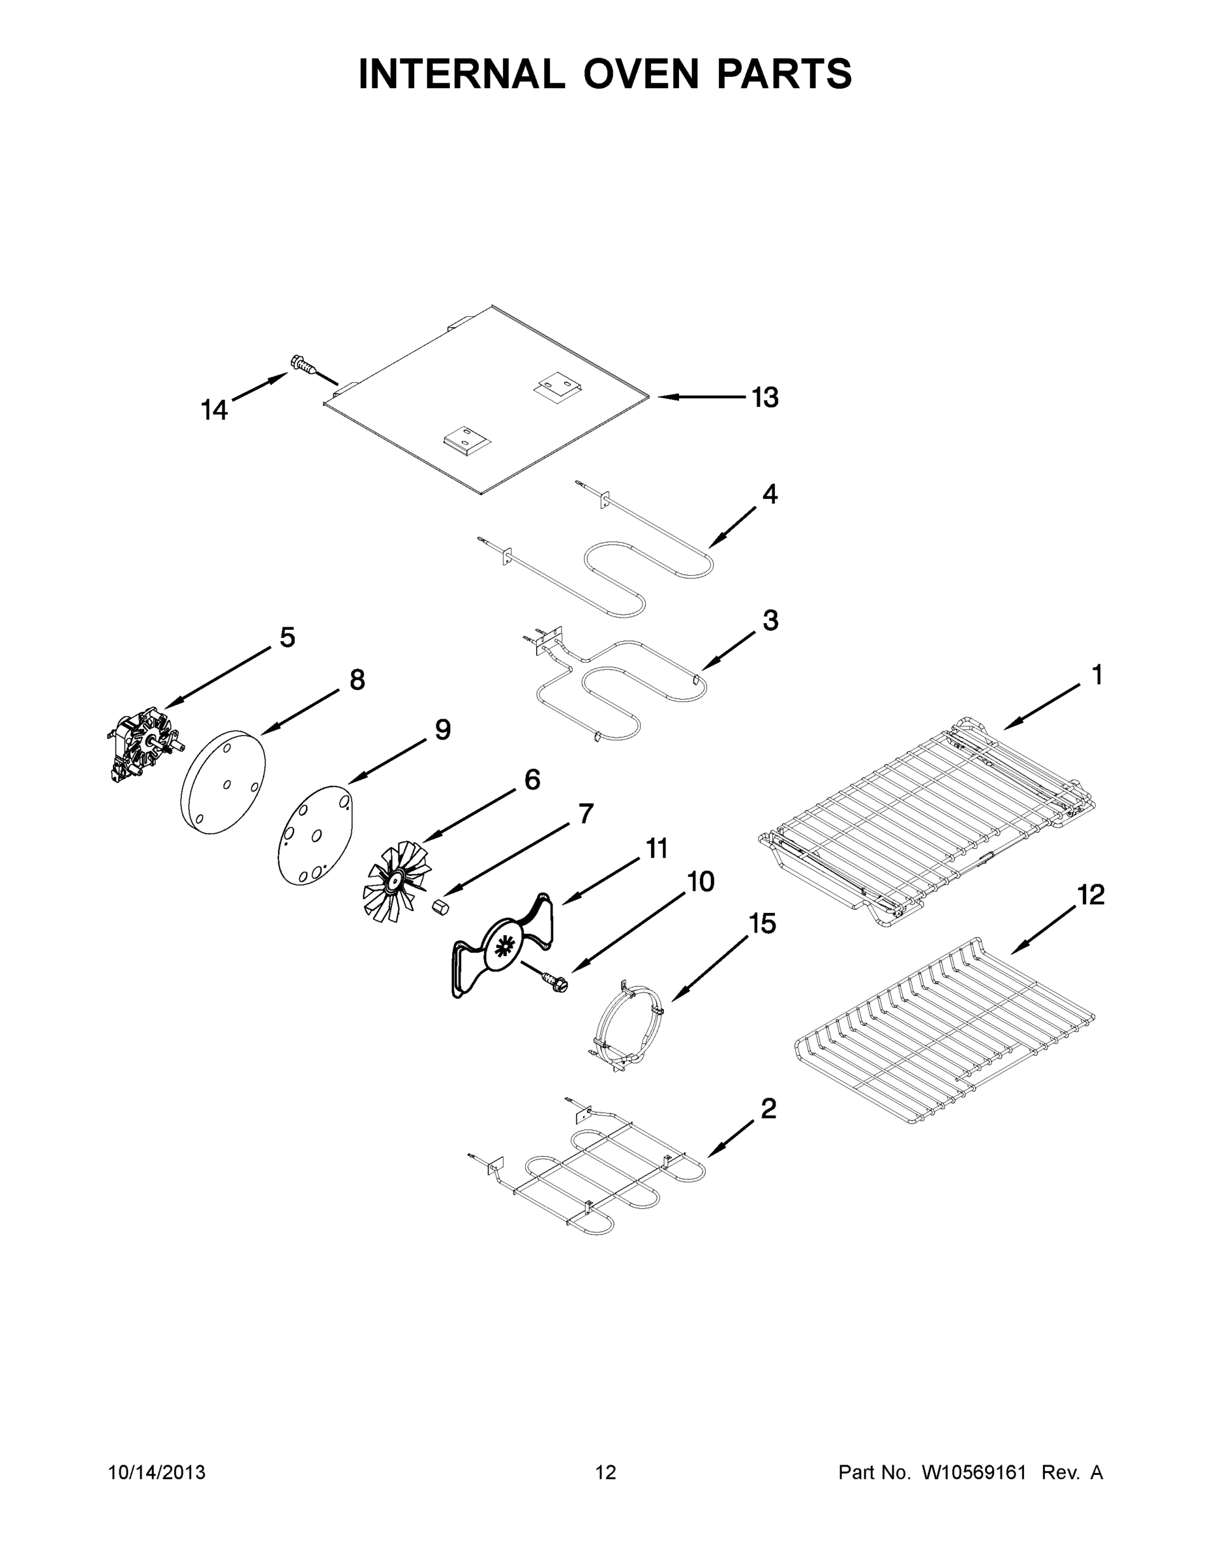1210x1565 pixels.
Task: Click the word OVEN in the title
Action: coord(640,74)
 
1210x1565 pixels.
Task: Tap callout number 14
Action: coord(213,411)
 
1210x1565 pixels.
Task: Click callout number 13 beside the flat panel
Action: coord(765,397)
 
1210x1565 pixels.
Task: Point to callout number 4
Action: coord(769,494)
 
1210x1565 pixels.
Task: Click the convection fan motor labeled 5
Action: coord(145,745)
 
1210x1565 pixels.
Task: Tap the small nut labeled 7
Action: coord(441,906)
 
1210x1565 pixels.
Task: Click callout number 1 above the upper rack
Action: coord(1096,674)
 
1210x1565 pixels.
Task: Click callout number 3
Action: coord(770,620)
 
